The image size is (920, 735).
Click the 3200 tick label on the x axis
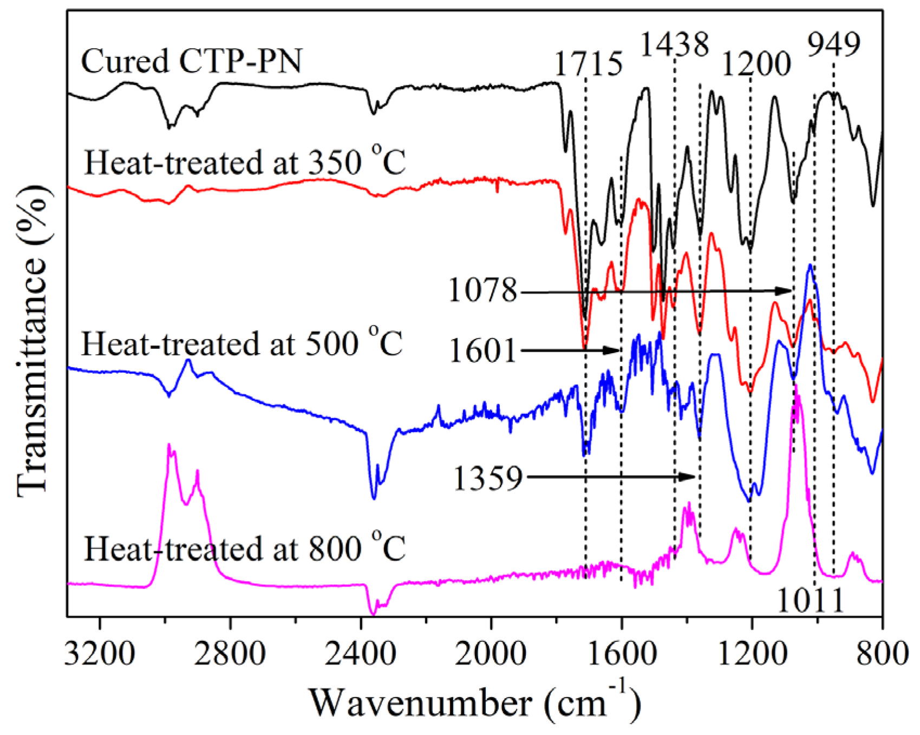point(100,654)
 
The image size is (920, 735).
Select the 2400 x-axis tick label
point(361,654)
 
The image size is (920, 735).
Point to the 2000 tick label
point(491,654)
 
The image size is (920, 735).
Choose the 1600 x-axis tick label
point(621,654)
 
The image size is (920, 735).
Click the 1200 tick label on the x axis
point(752,654)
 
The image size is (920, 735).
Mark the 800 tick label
point(883,654)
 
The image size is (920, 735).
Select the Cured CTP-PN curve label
point(191,61)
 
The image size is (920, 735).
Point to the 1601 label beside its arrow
point(482,350)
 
